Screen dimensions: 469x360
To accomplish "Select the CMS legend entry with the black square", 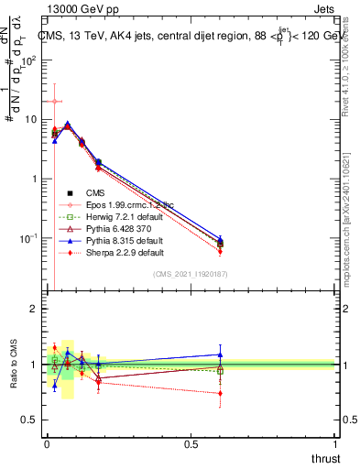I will (96, 192).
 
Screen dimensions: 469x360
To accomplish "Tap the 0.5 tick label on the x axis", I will (191, 444).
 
